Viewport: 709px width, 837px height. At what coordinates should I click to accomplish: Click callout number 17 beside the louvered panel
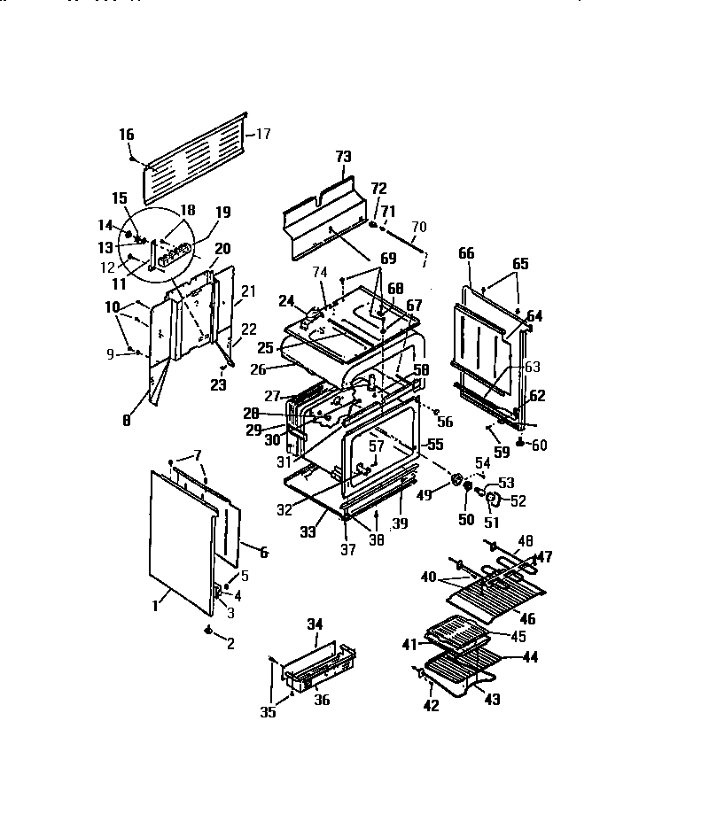pos(263,134)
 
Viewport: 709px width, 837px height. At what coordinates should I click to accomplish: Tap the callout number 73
pos(343,157)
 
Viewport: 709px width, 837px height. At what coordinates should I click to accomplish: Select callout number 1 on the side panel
pos(155,605)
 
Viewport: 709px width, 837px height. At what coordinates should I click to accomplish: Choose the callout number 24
pos(285,299)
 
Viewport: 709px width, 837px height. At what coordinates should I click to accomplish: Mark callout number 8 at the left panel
pos(126,422)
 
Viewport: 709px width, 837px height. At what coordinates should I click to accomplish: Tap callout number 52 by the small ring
pos(518,501)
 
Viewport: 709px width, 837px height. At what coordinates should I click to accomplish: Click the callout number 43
pos(492,700)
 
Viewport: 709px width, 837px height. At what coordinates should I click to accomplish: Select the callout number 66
pos(466,253)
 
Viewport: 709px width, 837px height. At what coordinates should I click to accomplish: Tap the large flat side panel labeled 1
pos(177,540)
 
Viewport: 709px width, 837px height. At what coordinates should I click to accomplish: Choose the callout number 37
pos(348,550)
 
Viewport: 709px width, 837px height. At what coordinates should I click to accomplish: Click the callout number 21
pos(248,291)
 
